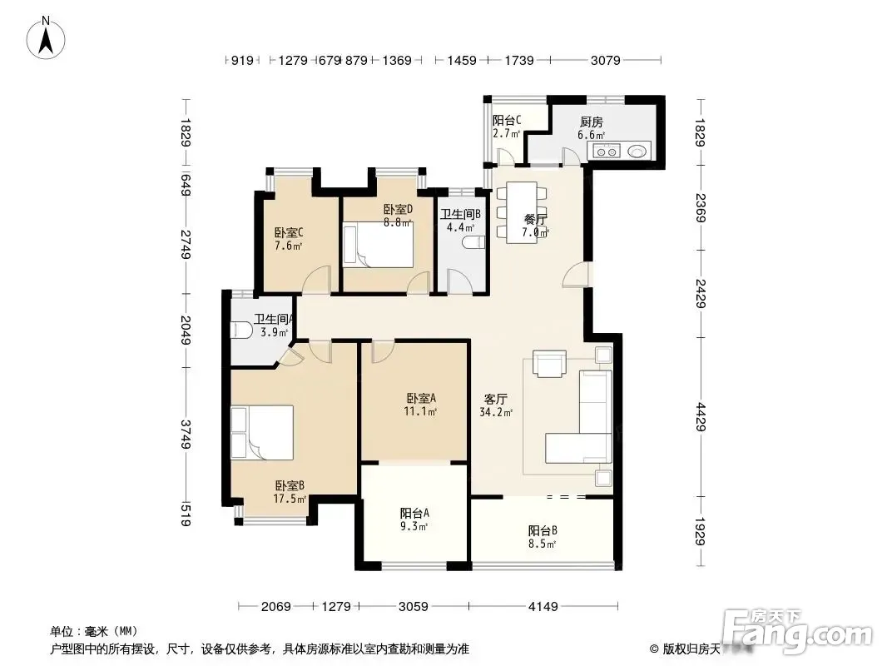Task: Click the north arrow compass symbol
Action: coord(46,37)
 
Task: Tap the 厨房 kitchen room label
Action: coord(591,121)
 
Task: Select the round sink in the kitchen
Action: coord(637,151)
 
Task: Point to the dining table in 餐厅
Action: coord(522,213)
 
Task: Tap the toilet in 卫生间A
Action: coord(241,330)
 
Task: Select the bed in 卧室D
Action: coord(379,245)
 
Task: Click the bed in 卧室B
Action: coord(262,432)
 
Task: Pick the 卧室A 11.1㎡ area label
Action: coord(420,405)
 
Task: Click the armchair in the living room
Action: coord(549,364)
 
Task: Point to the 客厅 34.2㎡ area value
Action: coord(496,412)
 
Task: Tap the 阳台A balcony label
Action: coord(414,513)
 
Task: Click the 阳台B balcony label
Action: coord(543,531)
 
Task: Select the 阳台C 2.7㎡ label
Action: coord(506,127)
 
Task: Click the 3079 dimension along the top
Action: coord(605,60)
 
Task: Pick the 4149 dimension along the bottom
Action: coord(543,607)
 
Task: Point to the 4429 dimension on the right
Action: coord(701,416)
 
